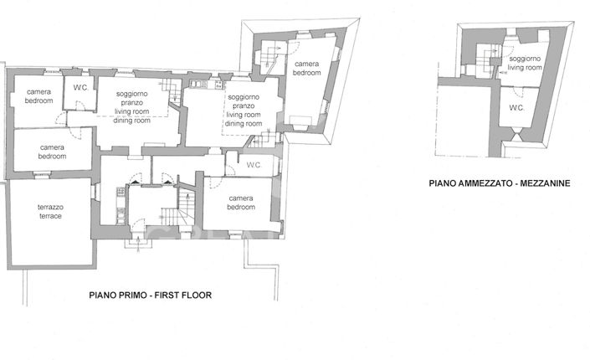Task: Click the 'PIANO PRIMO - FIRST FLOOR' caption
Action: pos(151,296)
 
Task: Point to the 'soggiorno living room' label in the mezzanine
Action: pos(526,64)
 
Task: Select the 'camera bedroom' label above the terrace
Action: pos(52,152)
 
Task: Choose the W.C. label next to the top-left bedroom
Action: pos(81,87)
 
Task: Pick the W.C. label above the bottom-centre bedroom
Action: pos(255,165)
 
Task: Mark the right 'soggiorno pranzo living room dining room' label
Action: pos(245,111)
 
